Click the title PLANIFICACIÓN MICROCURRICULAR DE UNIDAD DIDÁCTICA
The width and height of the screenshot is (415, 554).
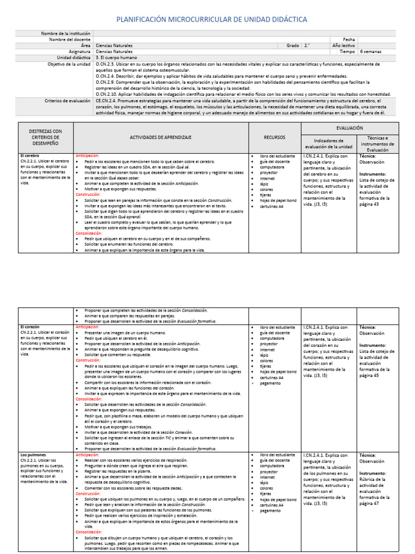pos(212,19)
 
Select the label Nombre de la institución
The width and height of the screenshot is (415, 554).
pos(65,34)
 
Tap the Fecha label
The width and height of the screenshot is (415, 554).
pos(349,39)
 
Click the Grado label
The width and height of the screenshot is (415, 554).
pos(292,46)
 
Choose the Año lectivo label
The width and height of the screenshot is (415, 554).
pos(344,46)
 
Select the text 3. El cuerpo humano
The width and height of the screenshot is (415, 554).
pos(116,58)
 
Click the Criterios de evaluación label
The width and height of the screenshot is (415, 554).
pos(67,101)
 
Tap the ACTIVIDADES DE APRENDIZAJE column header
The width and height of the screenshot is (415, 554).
pos(160,137)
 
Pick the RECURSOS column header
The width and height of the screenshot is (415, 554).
pos(275,137)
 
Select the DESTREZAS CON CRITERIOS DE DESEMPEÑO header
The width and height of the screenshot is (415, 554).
pos(46,137)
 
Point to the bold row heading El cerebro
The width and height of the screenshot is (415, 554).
pos(30,156)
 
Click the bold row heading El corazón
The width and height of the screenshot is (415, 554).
pos(31,327)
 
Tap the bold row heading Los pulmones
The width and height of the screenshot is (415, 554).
pos(33,455)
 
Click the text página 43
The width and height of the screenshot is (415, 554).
pos(369,204)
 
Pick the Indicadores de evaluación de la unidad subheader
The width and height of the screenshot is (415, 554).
pos(329,143)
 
